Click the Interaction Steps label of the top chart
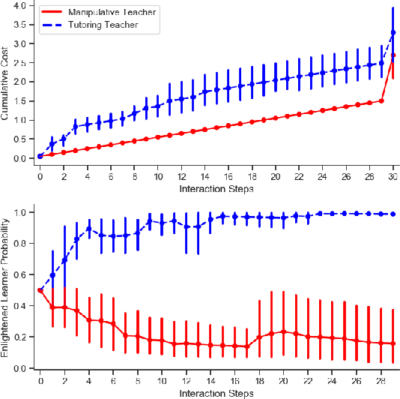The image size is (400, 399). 216,189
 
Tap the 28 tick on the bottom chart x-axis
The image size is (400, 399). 381,380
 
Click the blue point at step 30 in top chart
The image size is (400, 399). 393,32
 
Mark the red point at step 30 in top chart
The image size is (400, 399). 393,55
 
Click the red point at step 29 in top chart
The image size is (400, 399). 381,100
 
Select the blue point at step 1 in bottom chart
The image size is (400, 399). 52,275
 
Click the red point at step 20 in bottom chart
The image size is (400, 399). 284,331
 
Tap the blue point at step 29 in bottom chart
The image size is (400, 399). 393,214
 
